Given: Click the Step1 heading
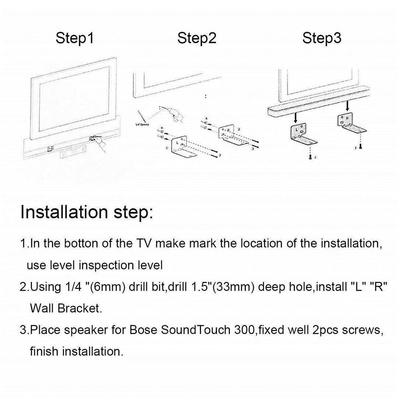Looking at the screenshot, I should [x=75, y=38].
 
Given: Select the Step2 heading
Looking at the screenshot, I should [x=197, y=38].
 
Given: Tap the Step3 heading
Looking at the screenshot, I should [x=322, y=38].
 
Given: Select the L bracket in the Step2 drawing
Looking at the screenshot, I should [x=181, y=146].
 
